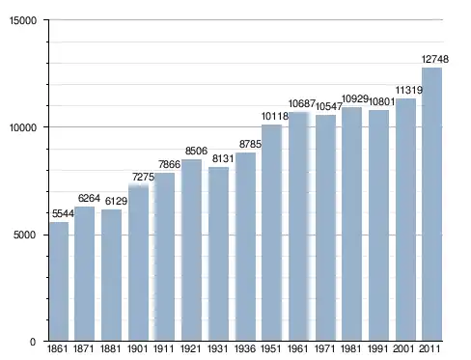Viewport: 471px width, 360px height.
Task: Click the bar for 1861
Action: coord(59,281)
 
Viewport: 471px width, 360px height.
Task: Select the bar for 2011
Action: coord(431,205)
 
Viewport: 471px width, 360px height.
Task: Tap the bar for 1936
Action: coord(245,247)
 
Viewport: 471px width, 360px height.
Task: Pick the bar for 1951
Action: coord(272,233)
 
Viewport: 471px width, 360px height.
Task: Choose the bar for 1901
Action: coord(138,263)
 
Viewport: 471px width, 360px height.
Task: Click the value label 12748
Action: coord(435,59)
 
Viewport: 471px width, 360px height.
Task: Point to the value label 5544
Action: coord(63,213)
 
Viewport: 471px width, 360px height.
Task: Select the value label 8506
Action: coord(196,151)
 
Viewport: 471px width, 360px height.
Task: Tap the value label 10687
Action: coord(302,103)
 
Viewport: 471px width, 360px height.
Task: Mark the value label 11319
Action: coord(408,90)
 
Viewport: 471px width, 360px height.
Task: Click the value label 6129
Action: coord(116,201)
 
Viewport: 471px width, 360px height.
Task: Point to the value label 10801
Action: coord(381,102)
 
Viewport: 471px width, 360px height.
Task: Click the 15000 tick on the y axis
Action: coord(23,20)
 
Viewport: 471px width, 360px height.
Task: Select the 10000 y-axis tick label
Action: coord(23,127)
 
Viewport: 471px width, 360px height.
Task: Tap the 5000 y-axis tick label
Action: coord(25,235)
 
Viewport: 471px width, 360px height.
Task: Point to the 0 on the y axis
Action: coord(33,342)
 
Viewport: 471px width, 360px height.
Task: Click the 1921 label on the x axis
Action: coord(191,348)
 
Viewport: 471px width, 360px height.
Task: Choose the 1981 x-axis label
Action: coord(351,348)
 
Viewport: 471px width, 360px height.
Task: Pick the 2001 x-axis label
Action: coord(403,348)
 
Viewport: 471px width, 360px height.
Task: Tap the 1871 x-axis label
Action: coord(84,348)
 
